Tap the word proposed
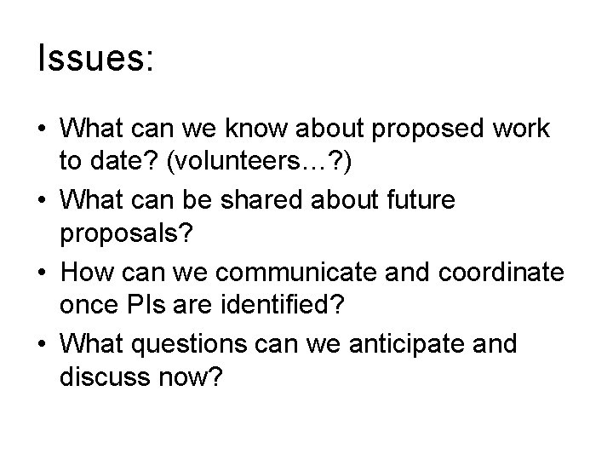coord(423,130)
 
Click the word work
coord(519,130)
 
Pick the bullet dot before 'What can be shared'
coord(43,201)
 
